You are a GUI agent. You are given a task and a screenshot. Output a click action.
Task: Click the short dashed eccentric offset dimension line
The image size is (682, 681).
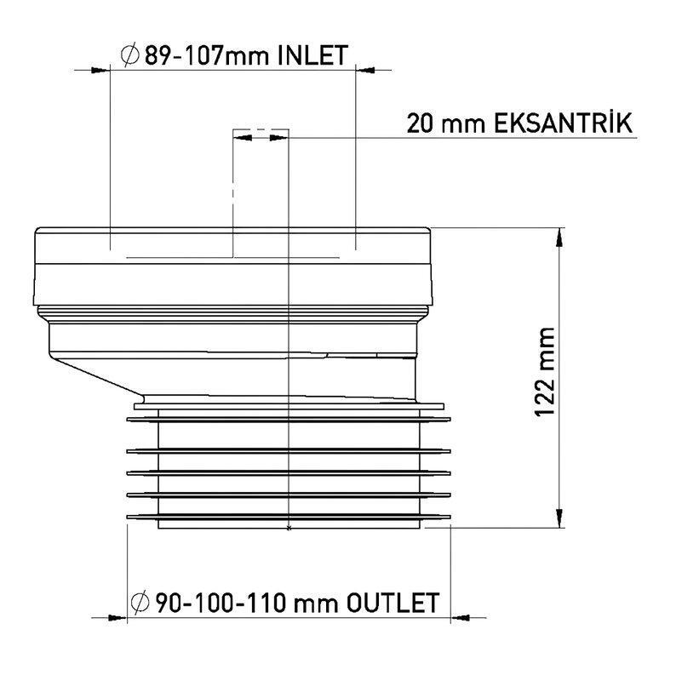[x=261, y=132]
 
